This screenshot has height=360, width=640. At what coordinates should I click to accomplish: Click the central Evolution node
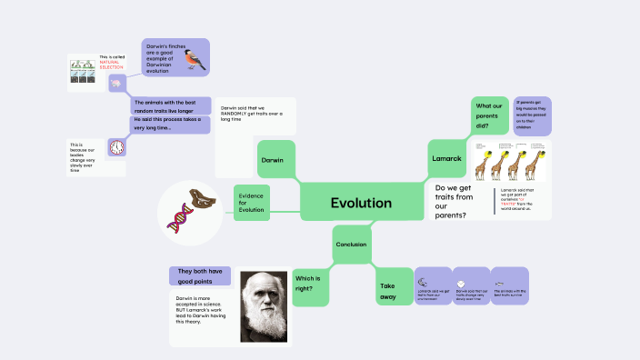pos(361,203)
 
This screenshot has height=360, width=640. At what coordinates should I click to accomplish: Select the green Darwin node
pos(275,159)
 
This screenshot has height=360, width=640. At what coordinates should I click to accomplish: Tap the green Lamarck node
pos(446,159)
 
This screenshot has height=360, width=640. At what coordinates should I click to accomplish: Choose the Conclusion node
pos(351,245)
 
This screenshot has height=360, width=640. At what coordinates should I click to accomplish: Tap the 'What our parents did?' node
pos(490,115)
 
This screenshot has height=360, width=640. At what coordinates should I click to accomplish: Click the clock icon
pos(116,147)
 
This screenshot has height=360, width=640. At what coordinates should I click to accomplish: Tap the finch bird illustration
pos(193,59)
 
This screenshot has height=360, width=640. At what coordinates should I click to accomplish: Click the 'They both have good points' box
pos(200,274)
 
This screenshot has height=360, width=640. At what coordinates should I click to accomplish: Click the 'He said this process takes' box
pos(171,125)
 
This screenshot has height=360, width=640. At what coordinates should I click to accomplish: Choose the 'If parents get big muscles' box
pos(532,115)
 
